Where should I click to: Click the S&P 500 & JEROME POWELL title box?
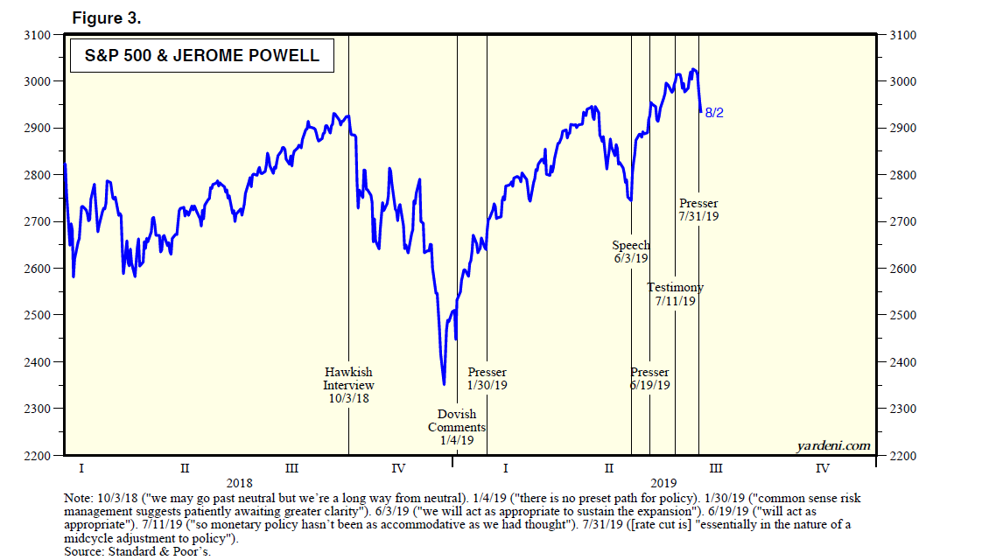(x=201, y=58)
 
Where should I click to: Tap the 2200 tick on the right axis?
(x=901, y=456)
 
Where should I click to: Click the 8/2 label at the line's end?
(x=714, y=113)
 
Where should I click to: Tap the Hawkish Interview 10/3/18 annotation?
(x=348, y=385)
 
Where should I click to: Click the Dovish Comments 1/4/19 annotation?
(x=457, y=427)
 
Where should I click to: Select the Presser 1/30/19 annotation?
(x=487, y=378)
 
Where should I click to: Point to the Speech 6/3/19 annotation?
(x=630, y=252)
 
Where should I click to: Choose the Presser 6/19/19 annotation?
(x=649, y=378)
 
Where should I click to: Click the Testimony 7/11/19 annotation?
(x=675, y=294)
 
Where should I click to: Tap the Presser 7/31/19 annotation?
(x=698, y=210)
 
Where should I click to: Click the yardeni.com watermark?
(x=833, y=446)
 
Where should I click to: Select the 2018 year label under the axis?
(x=239, y=482)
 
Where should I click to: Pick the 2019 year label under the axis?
(x=664, y=482)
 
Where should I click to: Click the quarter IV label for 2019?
(x=822, y=468)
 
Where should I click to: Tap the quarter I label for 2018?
(x=81, y=468)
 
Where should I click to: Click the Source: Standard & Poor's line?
(x=137, y=551)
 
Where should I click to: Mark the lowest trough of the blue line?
(x=444, y=383)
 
